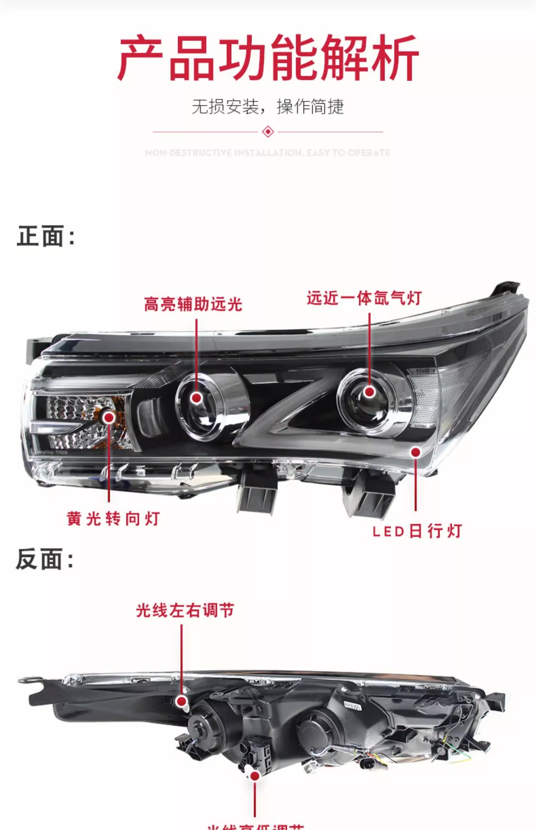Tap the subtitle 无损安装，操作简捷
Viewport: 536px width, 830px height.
point(268,106)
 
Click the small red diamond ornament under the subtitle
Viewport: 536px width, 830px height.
point(268,131)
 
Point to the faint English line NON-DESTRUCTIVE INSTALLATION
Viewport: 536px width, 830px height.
point(268,153)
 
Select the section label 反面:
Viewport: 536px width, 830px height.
point(45,559)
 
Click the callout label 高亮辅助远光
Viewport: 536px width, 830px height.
point(193,304)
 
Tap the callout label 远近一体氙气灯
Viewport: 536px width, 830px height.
point(364,298)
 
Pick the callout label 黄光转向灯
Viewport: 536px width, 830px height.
point(113,518)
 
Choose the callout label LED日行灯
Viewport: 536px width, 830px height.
point(417,531)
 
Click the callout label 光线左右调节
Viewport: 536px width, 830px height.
point(185,610)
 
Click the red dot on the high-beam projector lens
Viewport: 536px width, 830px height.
point(196,398)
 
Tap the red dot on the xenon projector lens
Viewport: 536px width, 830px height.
point(369,392)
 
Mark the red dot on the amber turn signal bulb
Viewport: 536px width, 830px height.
point(109,417)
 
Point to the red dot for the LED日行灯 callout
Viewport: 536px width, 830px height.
point(415,452)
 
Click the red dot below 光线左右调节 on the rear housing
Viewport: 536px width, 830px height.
point(182,701)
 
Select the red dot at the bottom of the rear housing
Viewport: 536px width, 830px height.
point(255,776)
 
